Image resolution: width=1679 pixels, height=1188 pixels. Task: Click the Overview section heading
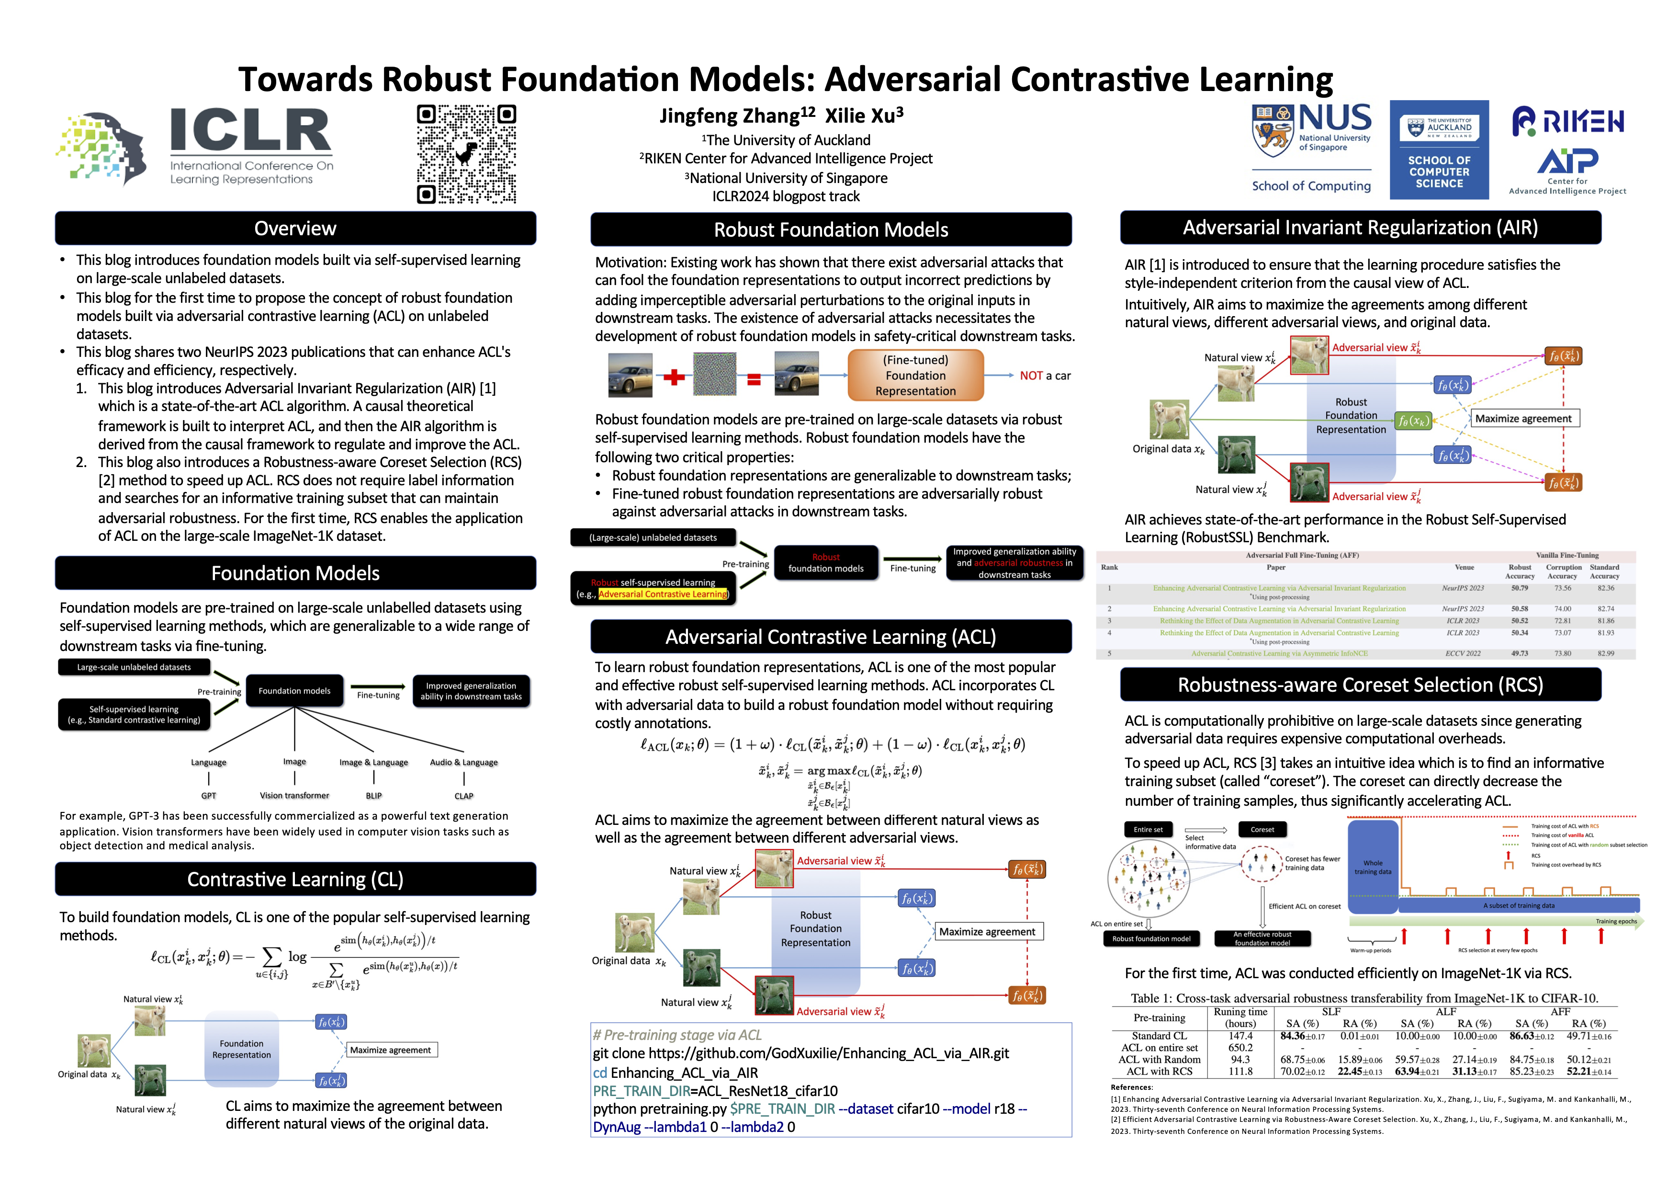[x=295, y=229]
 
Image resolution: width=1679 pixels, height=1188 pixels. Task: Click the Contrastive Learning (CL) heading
[x=295, y=880]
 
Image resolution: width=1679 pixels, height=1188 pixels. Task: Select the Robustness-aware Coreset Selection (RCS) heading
[x=1360, y=685]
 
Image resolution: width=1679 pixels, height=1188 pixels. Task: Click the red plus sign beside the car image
[x=674, y=377]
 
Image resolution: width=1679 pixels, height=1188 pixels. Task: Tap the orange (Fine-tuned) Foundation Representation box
[x=915, y=375]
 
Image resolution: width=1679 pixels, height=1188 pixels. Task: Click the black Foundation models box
[x=295, y=691]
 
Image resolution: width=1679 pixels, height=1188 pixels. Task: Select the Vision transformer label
[x=295, y=795]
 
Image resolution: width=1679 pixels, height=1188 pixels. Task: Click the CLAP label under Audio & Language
[x=463, y=796]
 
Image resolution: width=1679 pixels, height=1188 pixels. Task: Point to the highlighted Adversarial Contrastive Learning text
[x=663, y=594]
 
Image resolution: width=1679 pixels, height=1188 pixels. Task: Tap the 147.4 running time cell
[x=1240, y=1036]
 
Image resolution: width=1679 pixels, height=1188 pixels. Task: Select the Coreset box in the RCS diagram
[x=1262, y=830]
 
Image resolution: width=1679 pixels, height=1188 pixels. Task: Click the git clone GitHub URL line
[x=801, y=1053]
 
